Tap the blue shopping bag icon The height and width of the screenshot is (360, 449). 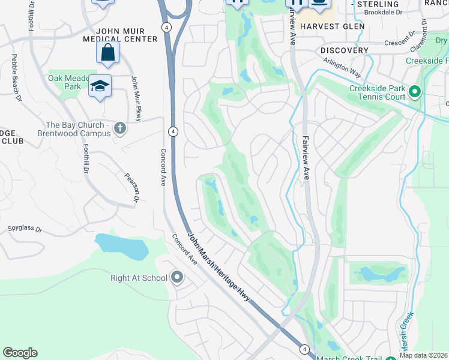107,53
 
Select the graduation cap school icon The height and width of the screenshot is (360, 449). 100,86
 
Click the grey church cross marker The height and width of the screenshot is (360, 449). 120,128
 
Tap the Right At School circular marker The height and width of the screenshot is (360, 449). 177,277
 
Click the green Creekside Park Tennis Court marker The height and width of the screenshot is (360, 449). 414,92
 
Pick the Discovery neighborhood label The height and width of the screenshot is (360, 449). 344,50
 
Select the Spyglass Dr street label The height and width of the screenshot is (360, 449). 25,229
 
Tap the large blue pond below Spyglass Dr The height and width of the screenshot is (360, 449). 122,247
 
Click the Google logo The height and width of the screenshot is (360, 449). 20,353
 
